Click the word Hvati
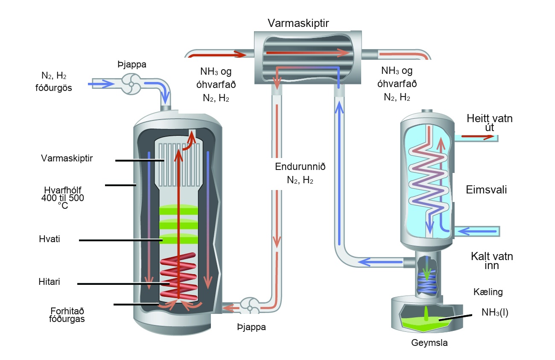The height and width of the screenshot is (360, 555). [x=50, y=239]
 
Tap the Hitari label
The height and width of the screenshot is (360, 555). [x=49, y=282]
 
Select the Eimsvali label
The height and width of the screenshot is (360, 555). [x=486, y=190]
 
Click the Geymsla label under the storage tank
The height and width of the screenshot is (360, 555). [x=429, y=343]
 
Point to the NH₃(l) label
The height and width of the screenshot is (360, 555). [x=495, y=313]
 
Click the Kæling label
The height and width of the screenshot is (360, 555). [x=488, y=292]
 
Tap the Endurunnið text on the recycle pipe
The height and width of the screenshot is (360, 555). [x=300, y=167]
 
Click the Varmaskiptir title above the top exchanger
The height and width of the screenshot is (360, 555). [x=298, y=23]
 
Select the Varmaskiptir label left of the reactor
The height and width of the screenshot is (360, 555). [x=67, y=158]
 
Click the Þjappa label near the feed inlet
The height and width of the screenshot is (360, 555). [x=132, y=64]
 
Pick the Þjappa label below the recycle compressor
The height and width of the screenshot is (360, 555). [x=251, y=327]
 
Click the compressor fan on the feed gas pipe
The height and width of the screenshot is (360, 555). [x=131, y=84]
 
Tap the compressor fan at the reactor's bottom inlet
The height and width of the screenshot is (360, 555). [x=250, y=308]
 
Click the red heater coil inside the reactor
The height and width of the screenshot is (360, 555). [x=178, y=277]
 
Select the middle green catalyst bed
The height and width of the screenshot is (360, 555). [x=178, y=224]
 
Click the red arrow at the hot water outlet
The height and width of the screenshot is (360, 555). [x=478, y=137]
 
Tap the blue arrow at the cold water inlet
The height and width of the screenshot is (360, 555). [x=477, y=231]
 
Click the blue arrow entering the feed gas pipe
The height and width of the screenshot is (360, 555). [x=101, y=84]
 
